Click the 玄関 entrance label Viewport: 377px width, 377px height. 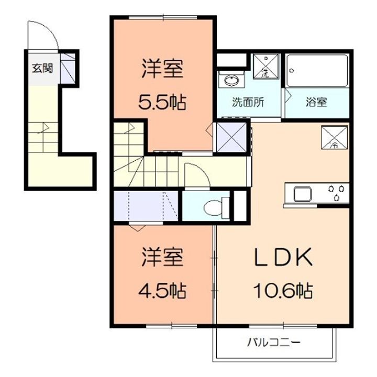(x=42, y=69)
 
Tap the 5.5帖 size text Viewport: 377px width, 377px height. (x=162, y=103)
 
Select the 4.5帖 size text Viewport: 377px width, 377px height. (x=162, y=291)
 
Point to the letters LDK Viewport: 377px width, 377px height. (x=283, y=257)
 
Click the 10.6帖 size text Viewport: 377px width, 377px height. (x=283, y=291)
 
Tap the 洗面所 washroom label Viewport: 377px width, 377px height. (x=248, y=102)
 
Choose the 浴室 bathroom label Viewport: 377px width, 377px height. (x=316, y=102)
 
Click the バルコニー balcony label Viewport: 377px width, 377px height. (x=274, y=342)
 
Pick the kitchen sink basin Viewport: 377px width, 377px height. (x=303, y=194)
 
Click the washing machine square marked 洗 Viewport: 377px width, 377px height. (x=266, y=66)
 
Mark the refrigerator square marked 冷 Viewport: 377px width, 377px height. (x=335, y=137)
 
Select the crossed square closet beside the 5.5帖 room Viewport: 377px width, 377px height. (x=231, y=137)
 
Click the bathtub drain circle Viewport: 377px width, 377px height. (x=292, y=71)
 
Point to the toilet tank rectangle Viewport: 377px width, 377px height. (x=225, y=207)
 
